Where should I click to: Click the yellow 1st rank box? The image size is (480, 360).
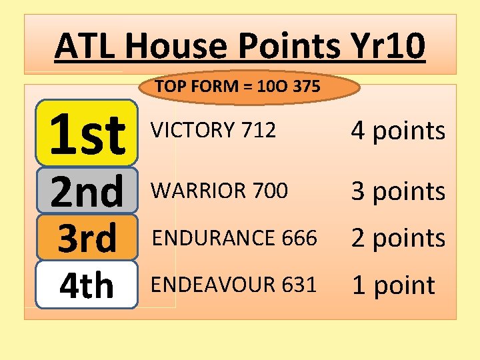point(87,133)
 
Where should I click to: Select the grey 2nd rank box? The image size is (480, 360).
point(87,191)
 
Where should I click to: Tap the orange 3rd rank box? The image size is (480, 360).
point(87,237)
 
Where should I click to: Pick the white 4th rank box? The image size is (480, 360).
point(87,285)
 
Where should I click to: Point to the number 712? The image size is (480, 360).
point(259,131)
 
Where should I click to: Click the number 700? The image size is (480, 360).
point(270,191)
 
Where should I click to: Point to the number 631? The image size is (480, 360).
point(298,285)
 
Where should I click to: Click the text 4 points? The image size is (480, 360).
point(398,131)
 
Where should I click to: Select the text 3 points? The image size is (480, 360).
point(398,191)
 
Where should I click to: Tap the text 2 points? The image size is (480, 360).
point(398,238)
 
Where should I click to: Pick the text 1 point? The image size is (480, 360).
point(393,285)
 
